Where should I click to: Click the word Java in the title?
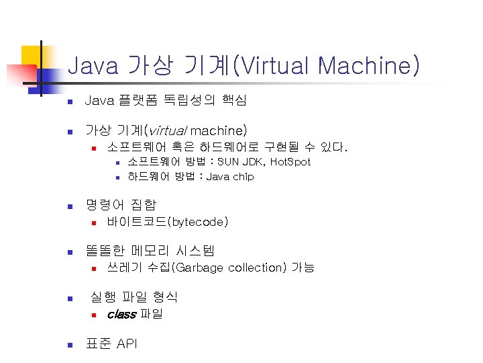[92, 66]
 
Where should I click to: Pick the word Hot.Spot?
[290, 162]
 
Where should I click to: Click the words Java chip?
[230, 177]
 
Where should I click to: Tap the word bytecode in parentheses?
[199, 221]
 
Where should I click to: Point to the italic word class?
[121, 314]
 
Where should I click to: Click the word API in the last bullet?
[127, 344]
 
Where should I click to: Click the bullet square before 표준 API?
[68, 345]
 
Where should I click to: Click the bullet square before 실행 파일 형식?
[68, 298]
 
